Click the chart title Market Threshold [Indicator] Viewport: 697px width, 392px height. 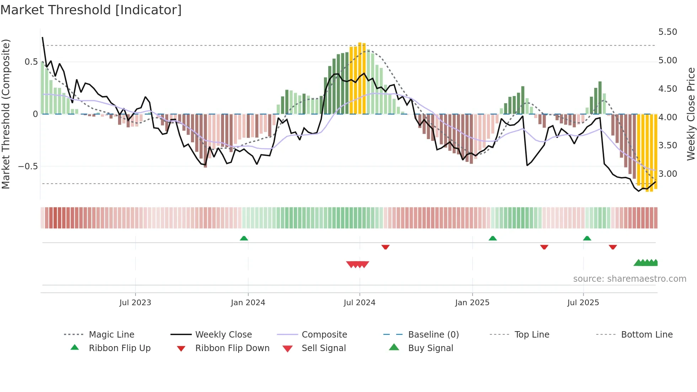[x=91, y=10]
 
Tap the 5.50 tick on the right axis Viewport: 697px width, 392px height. [x=667, y=32]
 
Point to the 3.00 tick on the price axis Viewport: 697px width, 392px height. [x=667, y=174]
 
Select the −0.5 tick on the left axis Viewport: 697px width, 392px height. [x=28, y=166]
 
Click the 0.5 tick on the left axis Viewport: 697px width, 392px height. [x=31, y=62]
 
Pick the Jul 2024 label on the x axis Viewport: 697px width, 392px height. [x=359, y=303]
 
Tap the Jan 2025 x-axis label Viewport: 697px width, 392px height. [x=472, y=303]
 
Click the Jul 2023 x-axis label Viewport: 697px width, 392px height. [x=135, y=303]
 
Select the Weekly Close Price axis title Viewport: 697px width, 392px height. [x=690, y=114]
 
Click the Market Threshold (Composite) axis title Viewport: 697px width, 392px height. [x=6, y=114]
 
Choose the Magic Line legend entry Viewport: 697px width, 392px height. [x=111, y=335]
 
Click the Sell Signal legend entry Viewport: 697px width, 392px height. [x=323, y=348]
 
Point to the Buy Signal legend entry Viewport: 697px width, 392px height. [x=430, y=348]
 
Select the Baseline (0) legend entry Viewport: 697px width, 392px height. [x=433, y=335]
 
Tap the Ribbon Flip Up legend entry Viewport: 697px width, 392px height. [x=119, y=348]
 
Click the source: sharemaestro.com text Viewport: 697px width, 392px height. [x=629, y=279]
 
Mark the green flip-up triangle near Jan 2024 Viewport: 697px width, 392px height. [x=244, y=238]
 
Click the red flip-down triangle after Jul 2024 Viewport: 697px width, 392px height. [x=385, y=247]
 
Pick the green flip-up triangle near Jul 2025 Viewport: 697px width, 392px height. [x=587, y=238]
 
